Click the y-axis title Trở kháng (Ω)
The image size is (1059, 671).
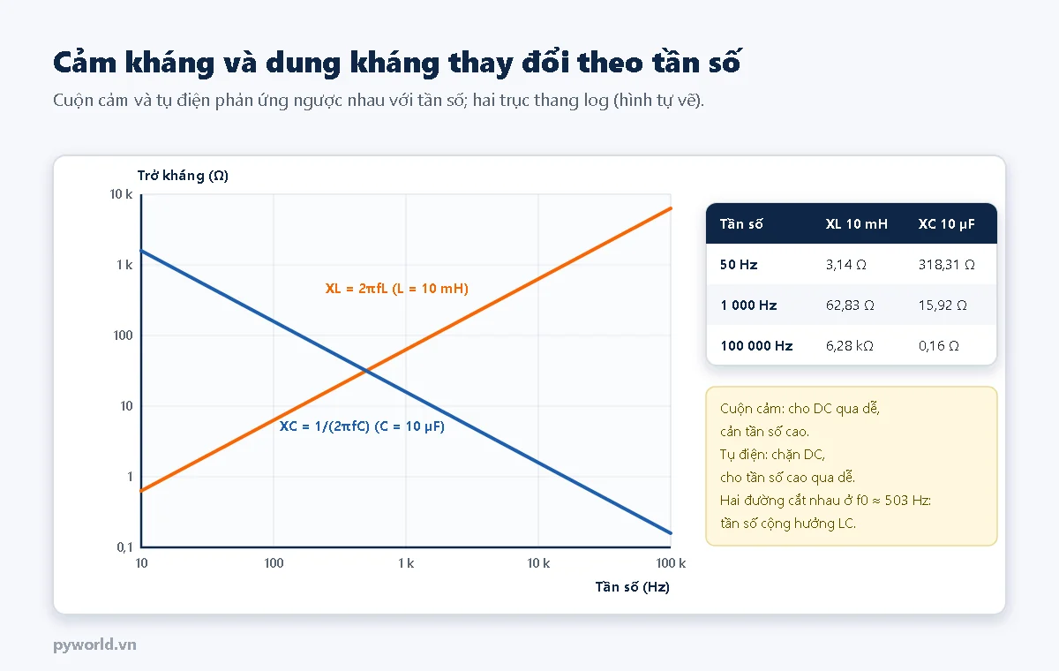click(x=183, y=176)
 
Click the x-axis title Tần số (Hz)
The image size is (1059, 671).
click(x=632, y=587)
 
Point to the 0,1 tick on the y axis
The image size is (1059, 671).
click(x=124, y=547)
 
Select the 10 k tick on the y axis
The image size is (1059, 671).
click(x=121, y=194)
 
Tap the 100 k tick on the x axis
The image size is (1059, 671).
click(x=671, y=563)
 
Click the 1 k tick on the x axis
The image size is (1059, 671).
click(x=406, y=563)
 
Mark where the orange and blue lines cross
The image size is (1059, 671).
click(x=366, y=371)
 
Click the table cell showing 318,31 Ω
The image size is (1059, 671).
click(x=946, y=264)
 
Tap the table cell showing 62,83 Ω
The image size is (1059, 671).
click(x=850, y=305)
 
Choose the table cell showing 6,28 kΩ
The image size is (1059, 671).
click(x=849, y=346)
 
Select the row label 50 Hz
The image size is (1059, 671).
click(x=739, y=264)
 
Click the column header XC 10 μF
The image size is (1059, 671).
click(x=946, y=223)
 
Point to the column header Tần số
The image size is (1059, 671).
click(x=741, y=223)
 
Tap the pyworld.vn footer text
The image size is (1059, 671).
click(x=94, y=645)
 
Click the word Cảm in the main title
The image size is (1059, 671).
click(x=85, y=62)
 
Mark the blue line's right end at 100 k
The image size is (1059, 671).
click(x=671, y=533)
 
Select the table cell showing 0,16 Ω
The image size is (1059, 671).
click(x=938, y=346)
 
